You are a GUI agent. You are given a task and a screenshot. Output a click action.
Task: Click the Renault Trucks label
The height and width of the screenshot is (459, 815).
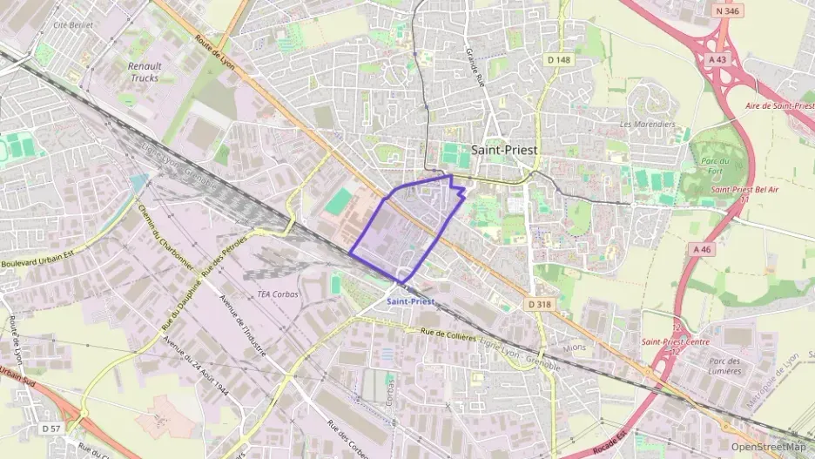pyautogui.click(x=145, y=71)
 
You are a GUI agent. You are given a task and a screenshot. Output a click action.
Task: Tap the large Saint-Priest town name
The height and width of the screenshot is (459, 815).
pyautogui.click(x=504, y=149)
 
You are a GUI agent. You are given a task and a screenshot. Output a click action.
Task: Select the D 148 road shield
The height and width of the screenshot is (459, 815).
pyautogui.click(x=558, y=59)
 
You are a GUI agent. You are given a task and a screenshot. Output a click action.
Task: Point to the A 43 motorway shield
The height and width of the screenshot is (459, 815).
pyautogui.click(x=717, y=59)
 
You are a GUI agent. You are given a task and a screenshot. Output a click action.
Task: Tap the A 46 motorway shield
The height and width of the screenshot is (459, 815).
pyautogui.click(x=703, y=249)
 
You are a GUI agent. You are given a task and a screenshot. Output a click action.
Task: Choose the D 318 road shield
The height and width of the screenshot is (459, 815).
pyautogui.click(x=539, y=304)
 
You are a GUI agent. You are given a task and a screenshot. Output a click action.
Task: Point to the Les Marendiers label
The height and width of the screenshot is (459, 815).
pyautogui.click(x=647, y=125)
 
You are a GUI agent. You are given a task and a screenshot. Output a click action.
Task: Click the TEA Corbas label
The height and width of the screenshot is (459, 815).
pyautogui.click(x=278, y=294)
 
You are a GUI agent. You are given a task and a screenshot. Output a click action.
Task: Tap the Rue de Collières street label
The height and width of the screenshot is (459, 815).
pyautogui.click(x=448, y=334)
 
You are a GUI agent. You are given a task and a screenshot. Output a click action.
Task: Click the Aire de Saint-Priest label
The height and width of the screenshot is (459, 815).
pyautogui.click(x=779, y=105)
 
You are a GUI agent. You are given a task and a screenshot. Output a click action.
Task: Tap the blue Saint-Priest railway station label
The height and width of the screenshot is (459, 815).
pyautogui.click(x=410, y=301)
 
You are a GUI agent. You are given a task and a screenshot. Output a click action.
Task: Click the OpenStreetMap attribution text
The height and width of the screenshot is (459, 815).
pyautogui.click(x=768, y=447)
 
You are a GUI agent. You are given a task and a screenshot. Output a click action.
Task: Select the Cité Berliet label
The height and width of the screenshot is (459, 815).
pyautogui.click(x=72, y=25)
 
